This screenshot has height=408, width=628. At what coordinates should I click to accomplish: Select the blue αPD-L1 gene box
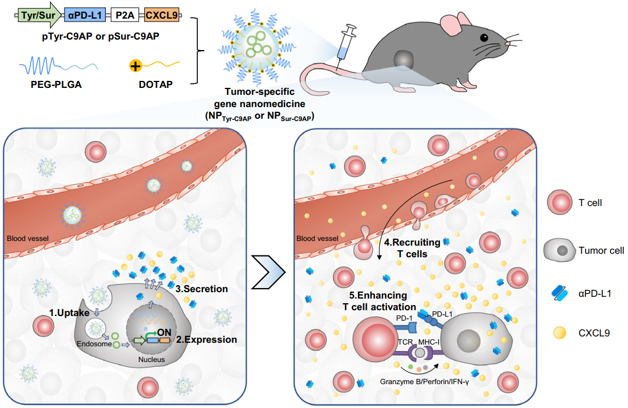(85, 15)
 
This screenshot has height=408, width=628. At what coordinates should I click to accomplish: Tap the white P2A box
(125, 15)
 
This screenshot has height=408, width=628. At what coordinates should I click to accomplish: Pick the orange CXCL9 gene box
(161, 15)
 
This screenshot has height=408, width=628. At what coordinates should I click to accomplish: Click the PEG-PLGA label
(56, 84)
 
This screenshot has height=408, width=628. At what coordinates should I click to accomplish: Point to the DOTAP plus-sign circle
(136, 65)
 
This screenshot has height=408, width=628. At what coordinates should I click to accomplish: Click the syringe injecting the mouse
(345, 45)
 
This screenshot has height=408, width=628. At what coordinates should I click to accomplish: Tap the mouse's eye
(484, 38)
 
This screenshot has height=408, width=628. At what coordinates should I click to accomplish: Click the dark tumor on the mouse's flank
(403, 60)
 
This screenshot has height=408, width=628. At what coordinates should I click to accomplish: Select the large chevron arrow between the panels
(268, 272)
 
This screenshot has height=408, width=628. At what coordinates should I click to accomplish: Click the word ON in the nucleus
(164, 332)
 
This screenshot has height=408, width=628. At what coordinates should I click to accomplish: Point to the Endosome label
(94, 344)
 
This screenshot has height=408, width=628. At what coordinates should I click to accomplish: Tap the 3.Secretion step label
(201, 289)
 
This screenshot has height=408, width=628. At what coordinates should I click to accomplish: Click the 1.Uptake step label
(69, 313)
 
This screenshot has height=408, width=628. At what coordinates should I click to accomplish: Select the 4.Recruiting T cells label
(412, 248)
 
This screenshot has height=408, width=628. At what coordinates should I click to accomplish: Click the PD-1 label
(404, 318)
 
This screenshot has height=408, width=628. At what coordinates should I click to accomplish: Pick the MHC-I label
(428, 342)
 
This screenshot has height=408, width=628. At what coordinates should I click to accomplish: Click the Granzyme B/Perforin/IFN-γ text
(424, 382)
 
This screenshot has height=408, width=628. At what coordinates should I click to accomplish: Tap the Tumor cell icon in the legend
(559, 250)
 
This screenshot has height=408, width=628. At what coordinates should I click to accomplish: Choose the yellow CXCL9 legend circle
(559, 333)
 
